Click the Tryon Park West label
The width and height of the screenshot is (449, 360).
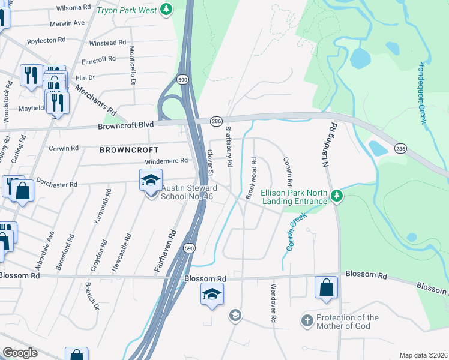(x=127, y=10)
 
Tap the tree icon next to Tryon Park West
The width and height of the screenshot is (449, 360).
(x=166, y=10)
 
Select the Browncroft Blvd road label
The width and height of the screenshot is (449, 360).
(x=126, y=125)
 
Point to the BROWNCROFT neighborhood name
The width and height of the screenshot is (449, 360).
(x=129, y=149)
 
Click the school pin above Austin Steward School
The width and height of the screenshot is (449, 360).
(x=151, y=179)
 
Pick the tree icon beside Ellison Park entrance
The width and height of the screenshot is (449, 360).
(x=337, y=196)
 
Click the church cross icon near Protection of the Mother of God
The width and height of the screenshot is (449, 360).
(x=307, y=321)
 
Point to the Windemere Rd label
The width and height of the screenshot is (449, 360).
(x=166, y=161)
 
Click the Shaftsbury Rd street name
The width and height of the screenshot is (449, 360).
(x=229, y=146)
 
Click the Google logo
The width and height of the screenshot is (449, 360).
(x=20, y=352)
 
